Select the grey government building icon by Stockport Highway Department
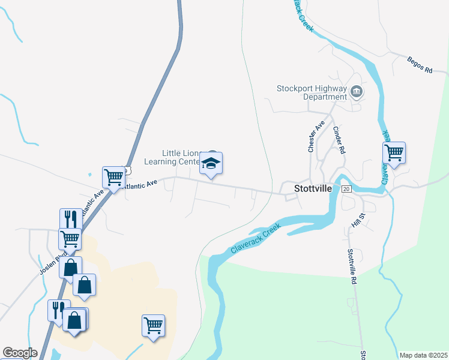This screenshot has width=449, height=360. [357, 92]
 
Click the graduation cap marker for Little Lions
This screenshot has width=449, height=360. [211, 163]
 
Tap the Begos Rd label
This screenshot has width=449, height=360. [420, 65]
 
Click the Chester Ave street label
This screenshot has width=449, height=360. [312, 137]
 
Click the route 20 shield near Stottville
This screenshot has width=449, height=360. [346, 189]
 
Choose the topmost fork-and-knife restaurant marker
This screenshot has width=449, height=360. [70, 218]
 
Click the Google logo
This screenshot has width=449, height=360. [20, 353]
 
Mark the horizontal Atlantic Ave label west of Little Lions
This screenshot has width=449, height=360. [139, 182]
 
